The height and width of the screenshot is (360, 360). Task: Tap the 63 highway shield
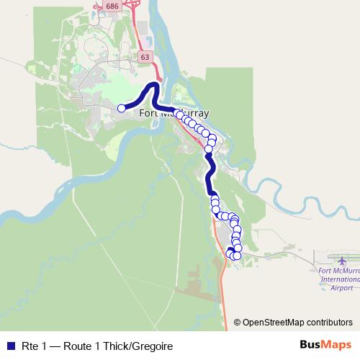coord(145,56)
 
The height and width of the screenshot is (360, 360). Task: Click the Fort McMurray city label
coord(174,113)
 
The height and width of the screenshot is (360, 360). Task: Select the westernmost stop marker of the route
coord(122,108)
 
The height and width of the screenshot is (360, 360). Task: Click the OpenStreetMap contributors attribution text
coord(293,322)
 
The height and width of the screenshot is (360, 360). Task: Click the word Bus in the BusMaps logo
coord(311,346)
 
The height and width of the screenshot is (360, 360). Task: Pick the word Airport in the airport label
coord(341,287)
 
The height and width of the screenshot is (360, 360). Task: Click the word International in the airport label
coord(340,279)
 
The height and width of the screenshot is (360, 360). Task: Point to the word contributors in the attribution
coord(329,322)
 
